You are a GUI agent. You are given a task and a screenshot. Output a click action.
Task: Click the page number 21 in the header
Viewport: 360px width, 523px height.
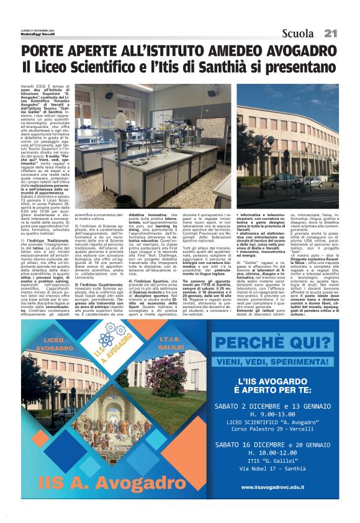click(x=330, y=33)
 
